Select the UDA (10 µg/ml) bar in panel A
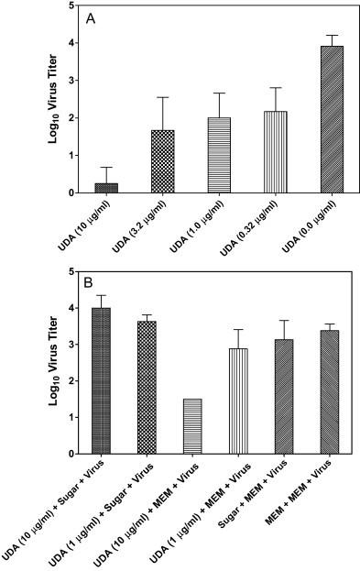coord(106,187)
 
